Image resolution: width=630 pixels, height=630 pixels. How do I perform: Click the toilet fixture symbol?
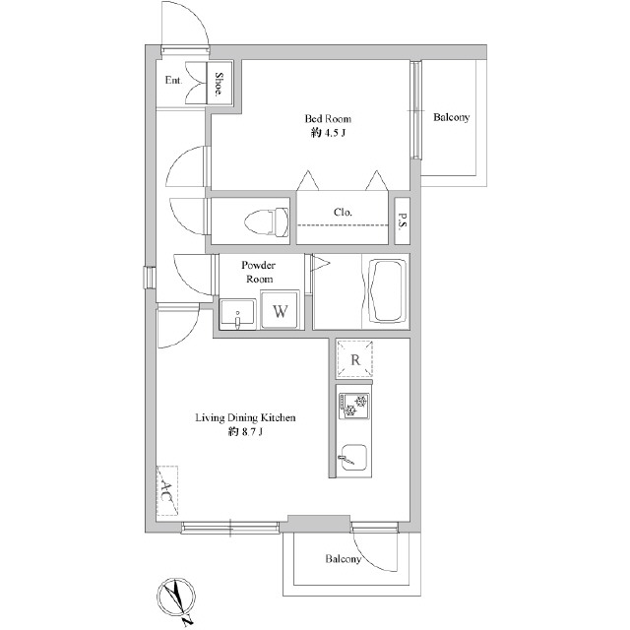click(x=267, y=221)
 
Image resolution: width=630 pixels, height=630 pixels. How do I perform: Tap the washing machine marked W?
click(x=280, y=310)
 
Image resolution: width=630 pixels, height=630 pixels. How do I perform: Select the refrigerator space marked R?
click(x=354, y=359)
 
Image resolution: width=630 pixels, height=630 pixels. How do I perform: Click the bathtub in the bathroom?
click(x=388, y=290)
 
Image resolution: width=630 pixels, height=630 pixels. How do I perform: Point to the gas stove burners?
click(x=354, y=406)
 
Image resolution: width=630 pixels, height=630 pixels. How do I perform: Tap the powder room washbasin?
click(x=237, y=314)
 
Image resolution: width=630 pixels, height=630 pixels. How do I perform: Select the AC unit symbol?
click(x=166, y=490)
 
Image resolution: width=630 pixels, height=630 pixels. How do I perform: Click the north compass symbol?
click(x=177, y=598)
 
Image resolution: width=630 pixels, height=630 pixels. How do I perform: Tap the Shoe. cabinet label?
click(x=219, y=84)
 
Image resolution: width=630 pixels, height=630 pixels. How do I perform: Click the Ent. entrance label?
click(x=173, y=80)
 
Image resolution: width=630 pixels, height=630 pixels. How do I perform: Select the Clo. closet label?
click(x=343, y=212)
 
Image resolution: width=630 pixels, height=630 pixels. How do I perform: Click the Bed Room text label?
click(x=328, y=118)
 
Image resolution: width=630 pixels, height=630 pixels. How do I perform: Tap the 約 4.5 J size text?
click(x=328, y=133)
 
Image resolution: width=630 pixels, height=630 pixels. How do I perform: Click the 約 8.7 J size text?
click(x=245, y=432)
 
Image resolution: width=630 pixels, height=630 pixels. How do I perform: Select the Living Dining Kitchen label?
click(x=245, y=417)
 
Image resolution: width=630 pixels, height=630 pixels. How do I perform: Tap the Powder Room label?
click(x=259, y=272)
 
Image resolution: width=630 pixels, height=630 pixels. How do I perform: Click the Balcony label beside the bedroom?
click(x=451, y=117)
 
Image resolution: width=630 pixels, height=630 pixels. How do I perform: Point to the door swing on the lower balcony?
click(x=376, y=551)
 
